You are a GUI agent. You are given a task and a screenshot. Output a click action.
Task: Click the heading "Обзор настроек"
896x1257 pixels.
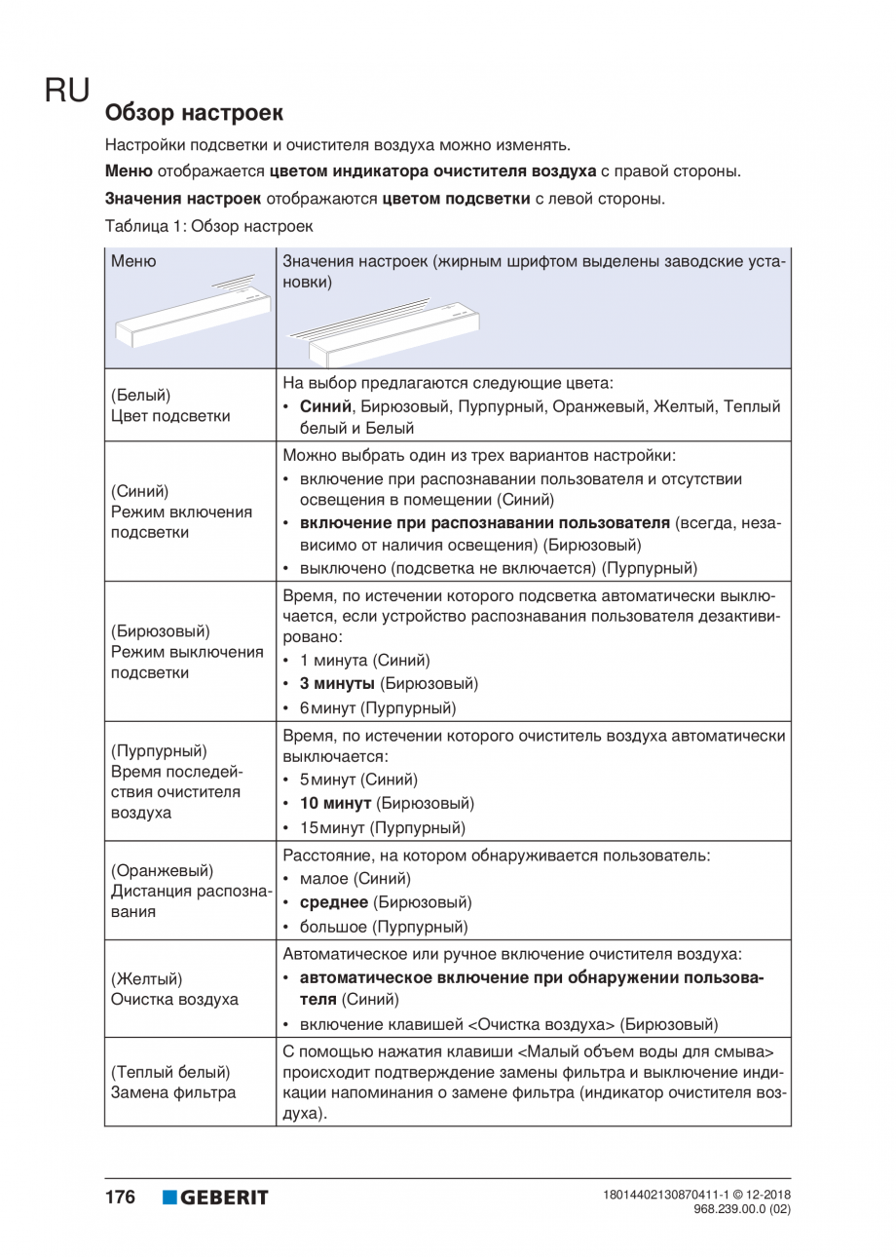coord(194,113)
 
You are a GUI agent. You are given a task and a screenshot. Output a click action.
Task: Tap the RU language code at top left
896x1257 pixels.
coord(66,91)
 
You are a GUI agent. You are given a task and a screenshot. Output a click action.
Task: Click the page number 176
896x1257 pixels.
coord(120,1197)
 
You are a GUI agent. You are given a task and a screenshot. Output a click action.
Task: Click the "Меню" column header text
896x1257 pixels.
coord(133,260)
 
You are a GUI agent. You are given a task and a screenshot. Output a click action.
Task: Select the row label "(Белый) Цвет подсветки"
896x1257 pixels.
coord(170,405)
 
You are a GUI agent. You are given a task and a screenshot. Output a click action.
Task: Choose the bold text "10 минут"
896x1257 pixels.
coord(335,804)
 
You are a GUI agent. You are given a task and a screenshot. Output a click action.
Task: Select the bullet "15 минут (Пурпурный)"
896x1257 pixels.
coord(382,827)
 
